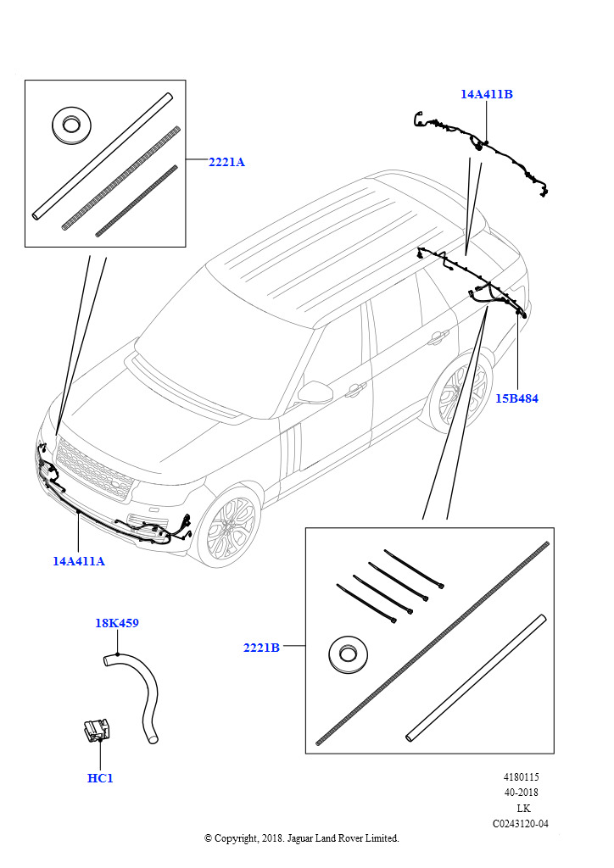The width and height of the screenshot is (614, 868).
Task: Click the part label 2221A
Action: tap(226, 162)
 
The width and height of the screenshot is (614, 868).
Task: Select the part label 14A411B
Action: tap(487, 95)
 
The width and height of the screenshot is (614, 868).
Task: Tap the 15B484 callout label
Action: tap(516, 398)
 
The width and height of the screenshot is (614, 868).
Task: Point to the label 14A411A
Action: tap(79, 560)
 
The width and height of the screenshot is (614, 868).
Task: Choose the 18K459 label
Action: tap(117, 623)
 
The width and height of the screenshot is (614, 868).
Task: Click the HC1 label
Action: tap(100, 778)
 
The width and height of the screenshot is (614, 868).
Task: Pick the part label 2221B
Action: tap(261, 648)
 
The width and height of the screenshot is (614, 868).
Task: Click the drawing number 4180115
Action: tap(521, 777)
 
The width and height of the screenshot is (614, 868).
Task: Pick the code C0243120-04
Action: tap(519, 824)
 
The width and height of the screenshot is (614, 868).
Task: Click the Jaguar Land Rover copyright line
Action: tap(301, 838)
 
